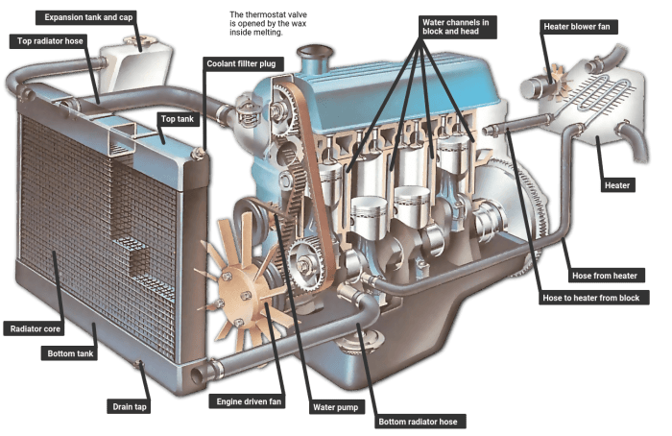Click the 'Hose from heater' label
coord(605,276)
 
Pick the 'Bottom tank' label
coord(69,354)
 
